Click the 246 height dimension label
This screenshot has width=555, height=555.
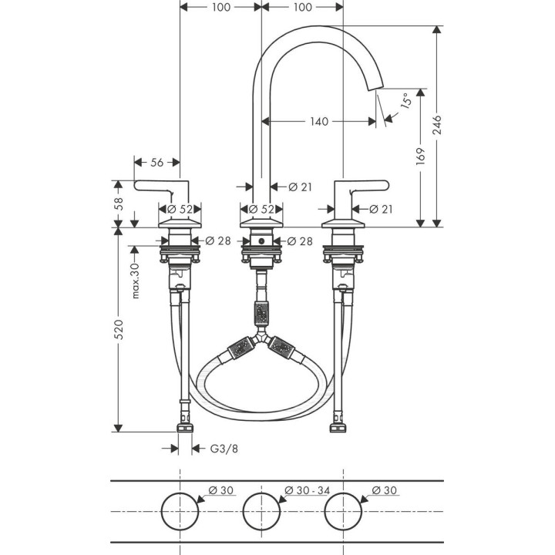438,126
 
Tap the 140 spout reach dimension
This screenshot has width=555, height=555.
319,121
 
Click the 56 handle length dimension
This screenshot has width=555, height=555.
156,162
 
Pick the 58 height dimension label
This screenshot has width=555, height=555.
118,203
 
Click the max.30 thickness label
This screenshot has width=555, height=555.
134,281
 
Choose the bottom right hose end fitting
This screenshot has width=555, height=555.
338,426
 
